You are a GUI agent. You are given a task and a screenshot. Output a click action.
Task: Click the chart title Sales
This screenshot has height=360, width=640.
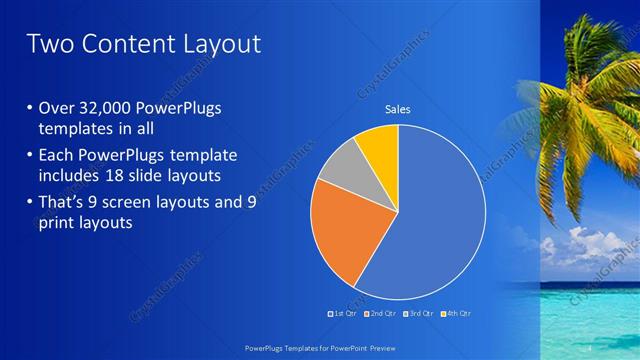pos(398,110)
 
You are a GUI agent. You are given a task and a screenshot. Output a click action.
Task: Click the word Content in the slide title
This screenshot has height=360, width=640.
pos(125,44)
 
